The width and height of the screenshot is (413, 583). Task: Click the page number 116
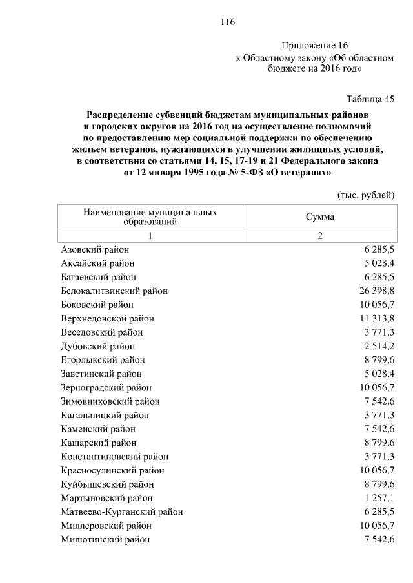(x=227, y=22)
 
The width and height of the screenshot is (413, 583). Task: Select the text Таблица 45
(x=370, y=99)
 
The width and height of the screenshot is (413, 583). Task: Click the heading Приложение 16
(x=315, y=45)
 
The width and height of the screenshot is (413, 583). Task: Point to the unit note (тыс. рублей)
(x=366, y=195)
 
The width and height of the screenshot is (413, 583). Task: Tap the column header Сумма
(x=320, y=217)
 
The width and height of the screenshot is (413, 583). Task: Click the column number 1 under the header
(x=150, y=235)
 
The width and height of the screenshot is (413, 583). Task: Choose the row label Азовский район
(x=95, y=249)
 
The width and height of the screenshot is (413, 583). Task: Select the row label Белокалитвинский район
(x=114, y=291)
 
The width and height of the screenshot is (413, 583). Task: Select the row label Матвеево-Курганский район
(x=121, y=512)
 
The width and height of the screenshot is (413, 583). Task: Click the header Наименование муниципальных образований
(x=150, y=216)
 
